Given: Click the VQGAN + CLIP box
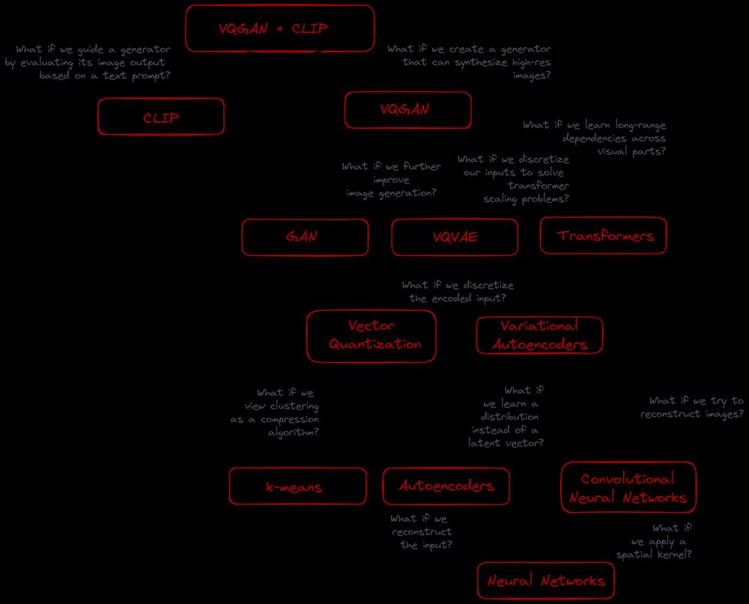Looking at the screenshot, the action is point(280,28).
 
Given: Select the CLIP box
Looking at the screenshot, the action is point(161,117).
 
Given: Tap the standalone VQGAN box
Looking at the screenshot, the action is point(408,110).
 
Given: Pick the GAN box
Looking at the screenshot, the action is point(306,237).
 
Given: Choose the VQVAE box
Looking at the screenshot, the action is point(455,237).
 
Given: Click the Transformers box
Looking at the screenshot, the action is point(603,236).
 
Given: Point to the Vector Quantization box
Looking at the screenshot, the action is point(372,336).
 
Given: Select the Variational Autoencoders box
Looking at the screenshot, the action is point(540,335).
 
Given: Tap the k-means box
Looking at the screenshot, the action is point(297,486).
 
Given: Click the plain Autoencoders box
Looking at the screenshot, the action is point(446,486).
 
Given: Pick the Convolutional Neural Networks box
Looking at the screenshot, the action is point(628,487).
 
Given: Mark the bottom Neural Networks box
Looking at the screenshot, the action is point(546,581).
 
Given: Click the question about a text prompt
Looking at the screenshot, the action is point(88,63).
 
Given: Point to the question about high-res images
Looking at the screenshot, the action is point(469,63).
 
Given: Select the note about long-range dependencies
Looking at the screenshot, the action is point(594,138).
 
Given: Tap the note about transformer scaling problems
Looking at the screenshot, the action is point(514,179).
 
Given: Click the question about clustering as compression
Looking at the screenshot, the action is point(275,412).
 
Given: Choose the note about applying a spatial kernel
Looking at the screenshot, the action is point(654,541).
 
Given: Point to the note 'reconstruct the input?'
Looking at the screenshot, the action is point(421,532).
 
